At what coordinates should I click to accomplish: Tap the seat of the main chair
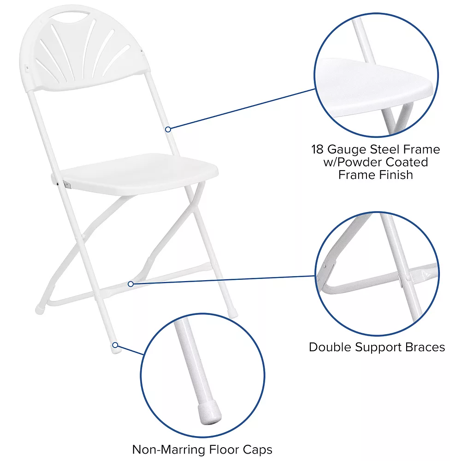[138, 172]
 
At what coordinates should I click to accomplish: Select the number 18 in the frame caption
[317, 149]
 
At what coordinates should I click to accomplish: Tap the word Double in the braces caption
[331, 347]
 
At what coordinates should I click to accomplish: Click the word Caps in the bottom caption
[256, 449]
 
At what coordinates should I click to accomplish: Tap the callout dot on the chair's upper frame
[169, 130]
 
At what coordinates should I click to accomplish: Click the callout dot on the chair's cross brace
[131, 284]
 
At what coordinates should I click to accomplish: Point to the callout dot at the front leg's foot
[115, 344]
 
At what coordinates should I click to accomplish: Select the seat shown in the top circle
[373, 88]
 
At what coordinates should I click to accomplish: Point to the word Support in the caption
[380, 347]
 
